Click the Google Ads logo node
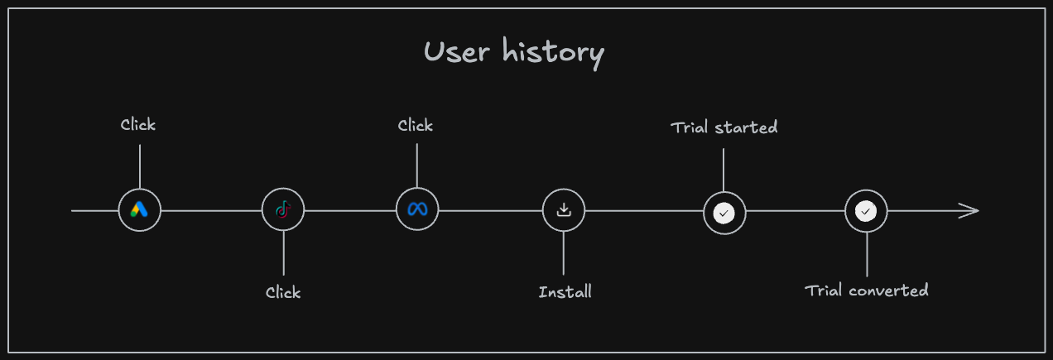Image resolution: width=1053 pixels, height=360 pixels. (140, 210)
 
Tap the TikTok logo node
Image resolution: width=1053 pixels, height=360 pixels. (283, 209)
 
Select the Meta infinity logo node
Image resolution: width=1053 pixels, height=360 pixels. (417, 209)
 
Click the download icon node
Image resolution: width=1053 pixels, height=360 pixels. (564, 210)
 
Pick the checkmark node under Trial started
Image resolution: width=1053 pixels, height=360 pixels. (724, 213)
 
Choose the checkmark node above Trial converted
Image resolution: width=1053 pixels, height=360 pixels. (866, 211)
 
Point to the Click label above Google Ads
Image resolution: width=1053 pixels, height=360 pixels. (137, 124)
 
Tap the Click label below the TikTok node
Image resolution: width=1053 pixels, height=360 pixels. (283, 292)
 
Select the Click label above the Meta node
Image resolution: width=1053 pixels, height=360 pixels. (415, 126)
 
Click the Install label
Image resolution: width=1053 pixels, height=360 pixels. (565, 292)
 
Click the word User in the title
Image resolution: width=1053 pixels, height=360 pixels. (456, 51)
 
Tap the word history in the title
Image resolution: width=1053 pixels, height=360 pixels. (553, 54)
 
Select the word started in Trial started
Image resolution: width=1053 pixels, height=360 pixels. (746, 127)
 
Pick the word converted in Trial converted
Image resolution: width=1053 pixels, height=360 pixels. (888, 290)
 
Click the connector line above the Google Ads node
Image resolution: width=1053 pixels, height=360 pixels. (140, 166)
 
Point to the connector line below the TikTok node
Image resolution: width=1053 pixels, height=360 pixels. (283, 253)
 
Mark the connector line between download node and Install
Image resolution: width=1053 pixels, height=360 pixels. (564, 253)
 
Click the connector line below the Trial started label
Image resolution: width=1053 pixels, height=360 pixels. (724, 170)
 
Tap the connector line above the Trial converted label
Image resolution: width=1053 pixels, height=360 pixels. (867, 254)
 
